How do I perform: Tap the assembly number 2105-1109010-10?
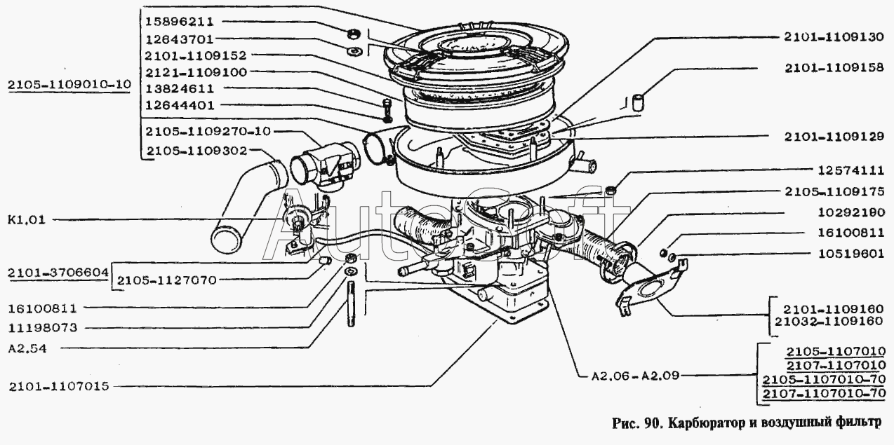[69, 85]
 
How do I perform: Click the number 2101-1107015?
[59, 385]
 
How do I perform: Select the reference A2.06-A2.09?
[631, 375]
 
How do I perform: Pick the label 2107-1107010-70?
[827, 393]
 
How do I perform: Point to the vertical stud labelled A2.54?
[349, 303]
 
